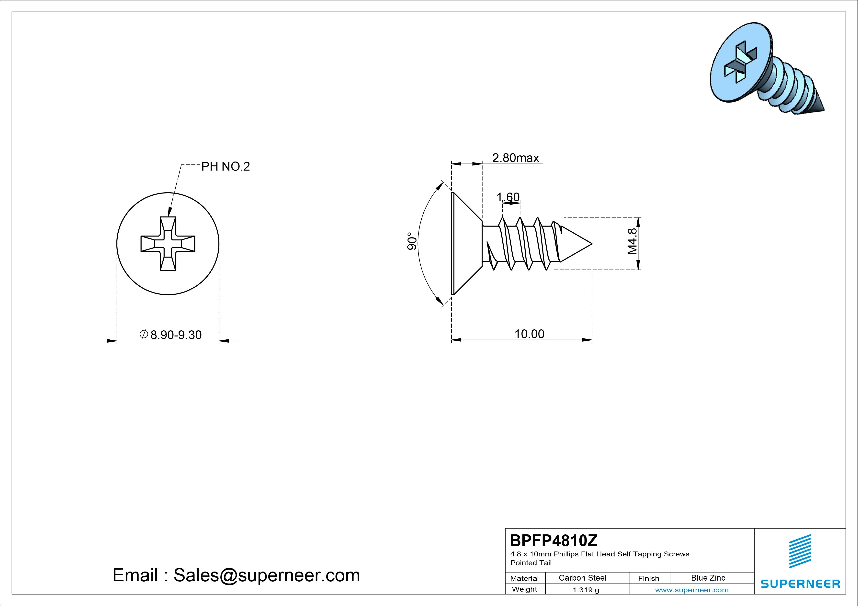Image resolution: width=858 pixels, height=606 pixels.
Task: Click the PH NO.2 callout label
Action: click(225, 167)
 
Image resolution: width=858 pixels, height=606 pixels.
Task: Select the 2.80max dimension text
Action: click(515, 158)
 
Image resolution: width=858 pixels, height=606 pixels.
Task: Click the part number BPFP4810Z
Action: click(553, 540)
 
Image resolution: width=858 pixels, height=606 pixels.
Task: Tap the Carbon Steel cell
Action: click(582, 578)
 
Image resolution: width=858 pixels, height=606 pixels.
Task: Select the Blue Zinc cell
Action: click(708, 578)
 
